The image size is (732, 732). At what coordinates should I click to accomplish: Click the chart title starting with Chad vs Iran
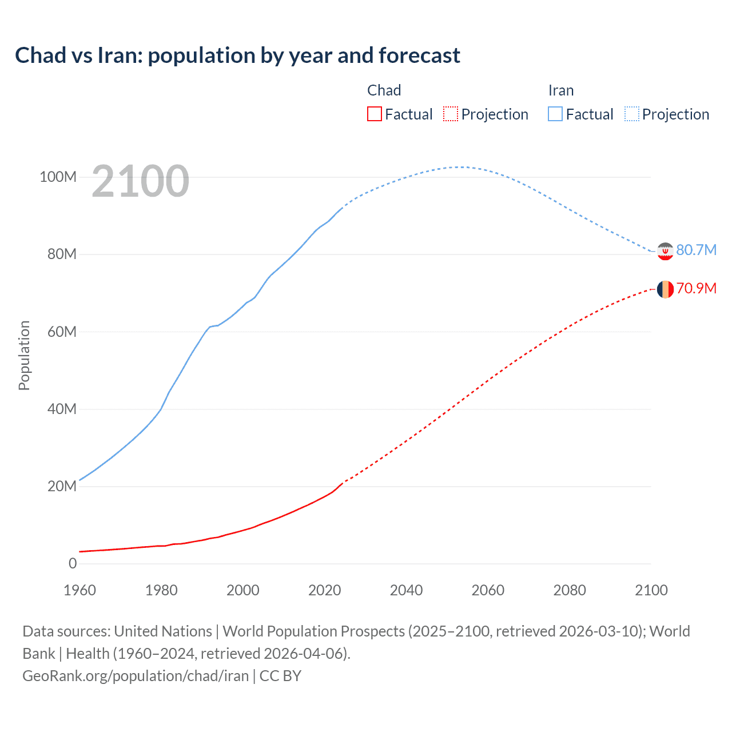click(237, 55)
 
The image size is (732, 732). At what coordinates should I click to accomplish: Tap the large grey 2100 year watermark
click(140, 181)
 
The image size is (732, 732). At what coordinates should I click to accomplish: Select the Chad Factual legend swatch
click(375, 114)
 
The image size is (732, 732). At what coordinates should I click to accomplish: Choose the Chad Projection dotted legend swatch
click(451, 114)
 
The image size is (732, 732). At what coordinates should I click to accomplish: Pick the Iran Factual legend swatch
click(555, 114)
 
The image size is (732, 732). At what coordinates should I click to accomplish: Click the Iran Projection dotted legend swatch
click(632, 114)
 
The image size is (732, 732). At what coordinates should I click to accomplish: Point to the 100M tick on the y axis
click(58, 177)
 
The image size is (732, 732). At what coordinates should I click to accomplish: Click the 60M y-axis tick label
click(62, 332)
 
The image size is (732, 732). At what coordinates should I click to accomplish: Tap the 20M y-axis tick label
click(62, 486)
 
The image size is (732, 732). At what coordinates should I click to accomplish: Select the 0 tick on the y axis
click(73, 563)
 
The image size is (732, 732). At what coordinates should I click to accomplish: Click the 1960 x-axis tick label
click(79, 590)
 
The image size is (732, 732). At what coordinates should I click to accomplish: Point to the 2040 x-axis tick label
click(406, 590)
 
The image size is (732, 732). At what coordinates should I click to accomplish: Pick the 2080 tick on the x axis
click(570, 590)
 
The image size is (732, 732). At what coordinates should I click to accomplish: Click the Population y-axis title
click(24, 355)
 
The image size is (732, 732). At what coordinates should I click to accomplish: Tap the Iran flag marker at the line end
click(665, 251)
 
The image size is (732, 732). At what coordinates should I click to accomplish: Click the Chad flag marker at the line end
click(665, 289)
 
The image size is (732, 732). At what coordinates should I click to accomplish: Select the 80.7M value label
click(696, 250)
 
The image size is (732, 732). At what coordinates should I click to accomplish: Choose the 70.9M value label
click(696, 288)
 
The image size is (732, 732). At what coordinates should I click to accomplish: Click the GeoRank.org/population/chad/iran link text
click(136, 676)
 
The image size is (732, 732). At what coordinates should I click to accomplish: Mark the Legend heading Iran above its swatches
click(561, 90)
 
